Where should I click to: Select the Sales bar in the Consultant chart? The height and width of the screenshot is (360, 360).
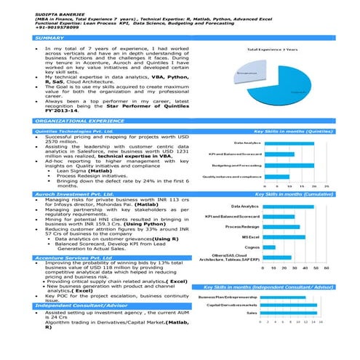[x=289, y=312]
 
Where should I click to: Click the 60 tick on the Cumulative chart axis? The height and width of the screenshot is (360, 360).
[x=327, y=268]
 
